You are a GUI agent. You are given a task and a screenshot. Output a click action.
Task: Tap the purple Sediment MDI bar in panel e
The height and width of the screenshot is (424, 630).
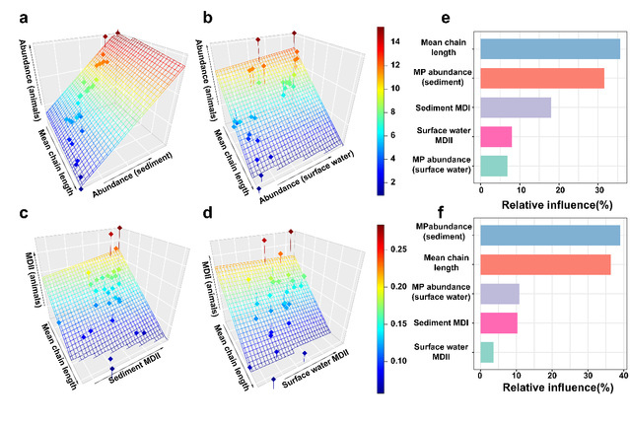(514, 107)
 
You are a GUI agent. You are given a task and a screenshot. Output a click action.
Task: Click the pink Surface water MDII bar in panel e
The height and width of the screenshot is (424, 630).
(494, 136)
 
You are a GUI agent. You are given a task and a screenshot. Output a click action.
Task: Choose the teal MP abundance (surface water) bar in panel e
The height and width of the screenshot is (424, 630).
(492, 165)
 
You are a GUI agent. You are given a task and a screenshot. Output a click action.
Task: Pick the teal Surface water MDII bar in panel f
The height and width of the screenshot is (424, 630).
(486, 351)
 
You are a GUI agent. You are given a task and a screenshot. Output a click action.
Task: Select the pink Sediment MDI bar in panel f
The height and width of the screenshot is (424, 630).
(498, 321)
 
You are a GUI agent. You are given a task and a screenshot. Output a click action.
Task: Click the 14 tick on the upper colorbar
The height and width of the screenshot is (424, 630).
(394, 41)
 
